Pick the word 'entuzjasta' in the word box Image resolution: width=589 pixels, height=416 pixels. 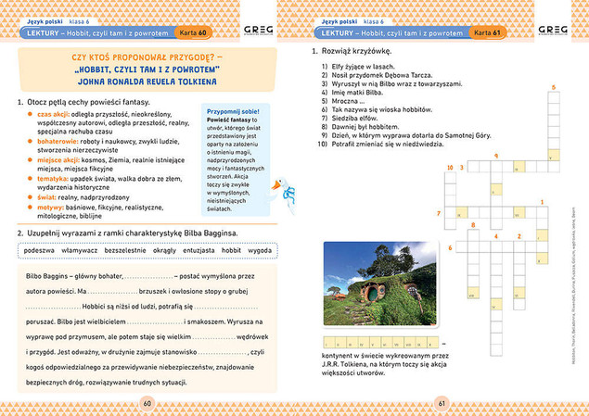click(x=197, y=250)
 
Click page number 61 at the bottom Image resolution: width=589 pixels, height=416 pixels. click(x=442, y=403)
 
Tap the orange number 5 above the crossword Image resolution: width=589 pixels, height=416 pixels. click(x=554, y=87)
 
